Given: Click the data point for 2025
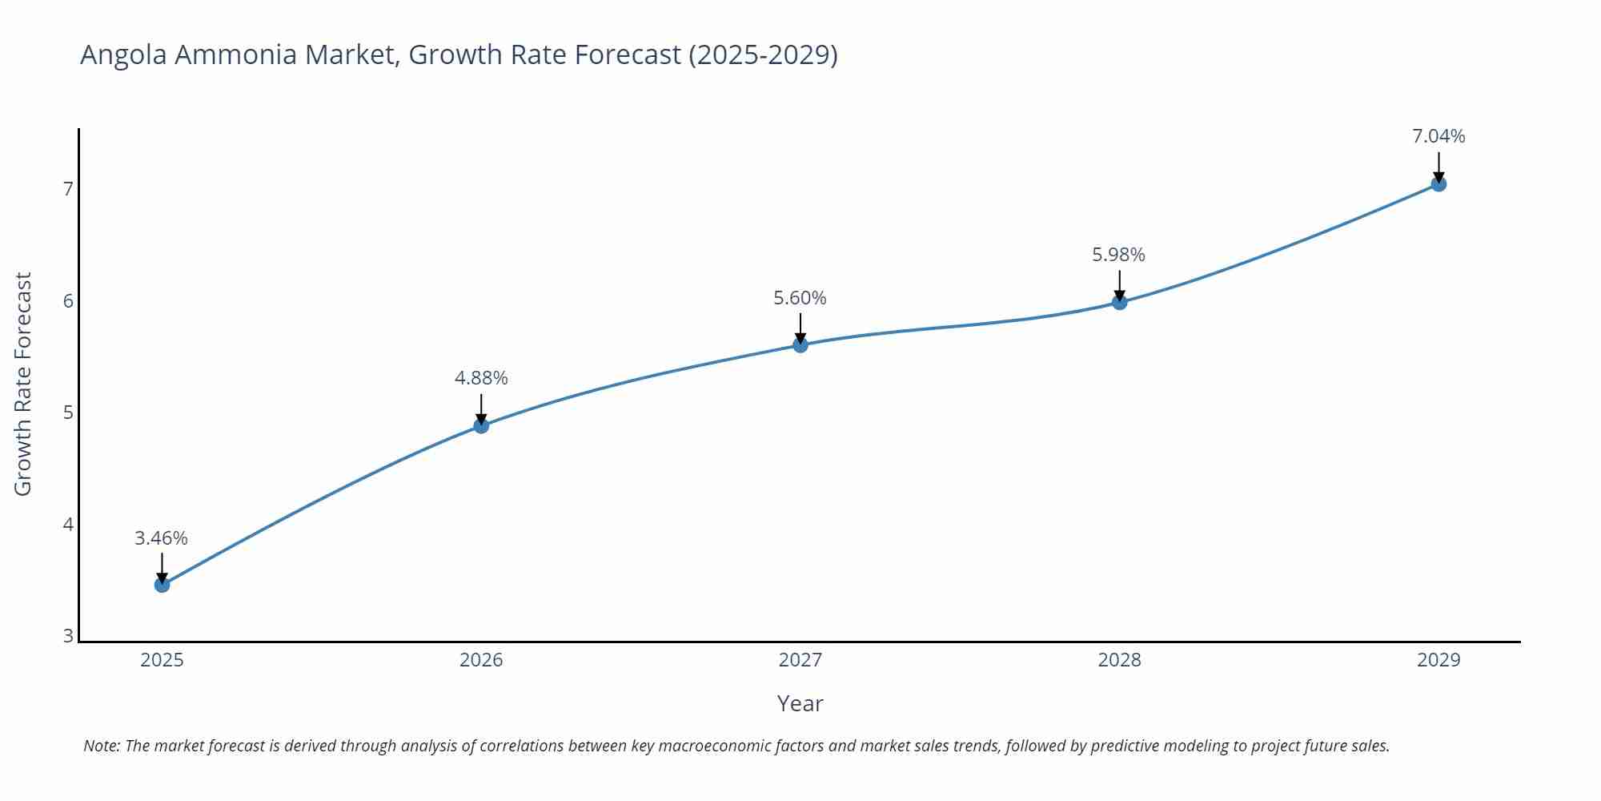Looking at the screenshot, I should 162,585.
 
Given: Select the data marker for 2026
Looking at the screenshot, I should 481,425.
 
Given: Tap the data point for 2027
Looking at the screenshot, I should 800,345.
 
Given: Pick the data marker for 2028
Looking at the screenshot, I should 1119,302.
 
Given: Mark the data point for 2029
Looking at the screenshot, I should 1438,184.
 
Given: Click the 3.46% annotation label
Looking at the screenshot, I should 161,538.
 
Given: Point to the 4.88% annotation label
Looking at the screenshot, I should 481,378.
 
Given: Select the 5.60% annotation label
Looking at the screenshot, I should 800,298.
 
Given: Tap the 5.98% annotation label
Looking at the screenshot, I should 1118,255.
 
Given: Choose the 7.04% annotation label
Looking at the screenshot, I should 1438,136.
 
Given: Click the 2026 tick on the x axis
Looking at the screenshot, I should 481,660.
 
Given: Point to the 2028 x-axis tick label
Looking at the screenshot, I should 1119,660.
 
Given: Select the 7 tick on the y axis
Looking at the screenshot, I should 68,189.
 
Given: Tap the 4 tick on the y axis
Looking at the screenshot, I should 68,525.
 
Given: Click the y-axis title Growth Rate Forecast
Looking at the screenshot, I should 23,384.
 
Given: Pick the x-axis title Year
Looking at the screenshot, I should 800,703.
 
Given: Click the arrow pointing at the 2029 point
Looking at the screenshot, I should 1438,167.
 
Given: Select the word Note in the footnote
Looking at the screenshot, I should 101,746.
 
